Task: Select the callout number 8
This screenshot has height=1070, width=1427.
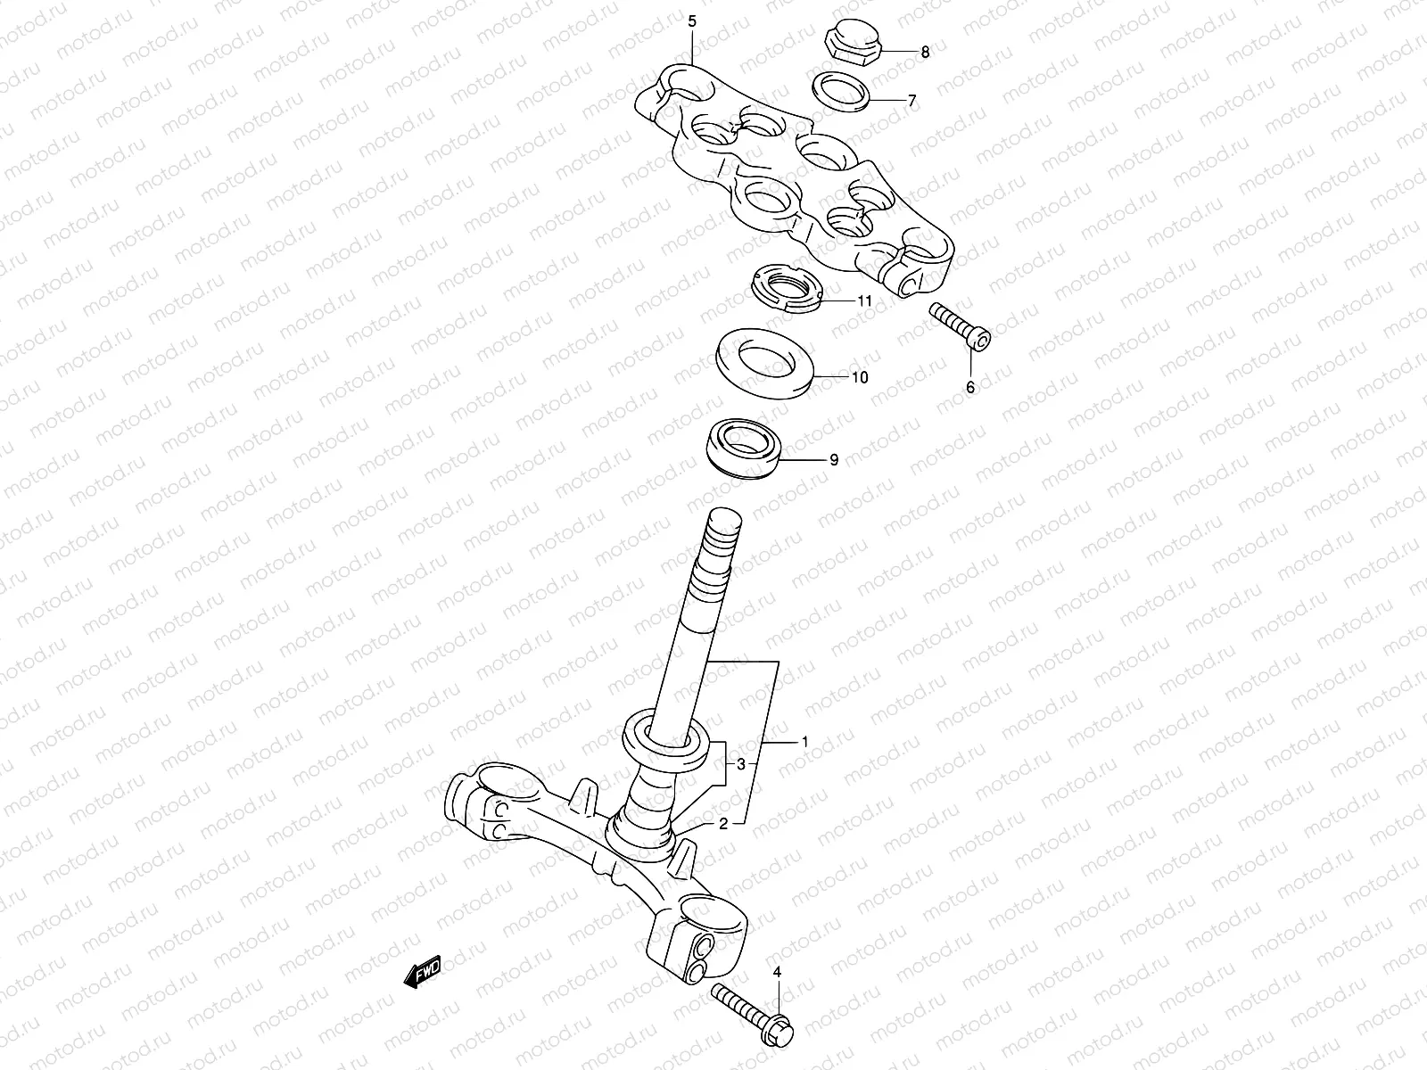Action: (925, 53)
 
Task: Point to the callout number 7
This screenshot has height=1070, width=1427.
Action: (911, 102)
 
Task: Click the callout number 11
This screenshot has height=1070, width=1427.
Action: (864, 301)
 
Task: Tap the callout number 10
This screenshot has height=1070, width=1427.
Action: (859, 378)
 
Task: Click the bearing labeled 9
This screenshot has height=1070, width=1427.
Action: (744, 449)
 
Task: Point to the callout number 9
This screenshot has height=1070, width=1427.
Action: (834, 460)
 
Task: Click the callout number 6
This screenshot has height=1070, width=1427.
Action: (971, 387)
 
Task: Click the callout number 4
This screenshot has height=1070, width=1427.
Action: (776, 971)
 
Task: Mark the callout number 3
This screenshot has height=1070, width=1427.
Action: (740, 764)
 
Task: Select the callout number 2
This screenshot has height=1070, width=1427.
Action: (723, 824)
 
